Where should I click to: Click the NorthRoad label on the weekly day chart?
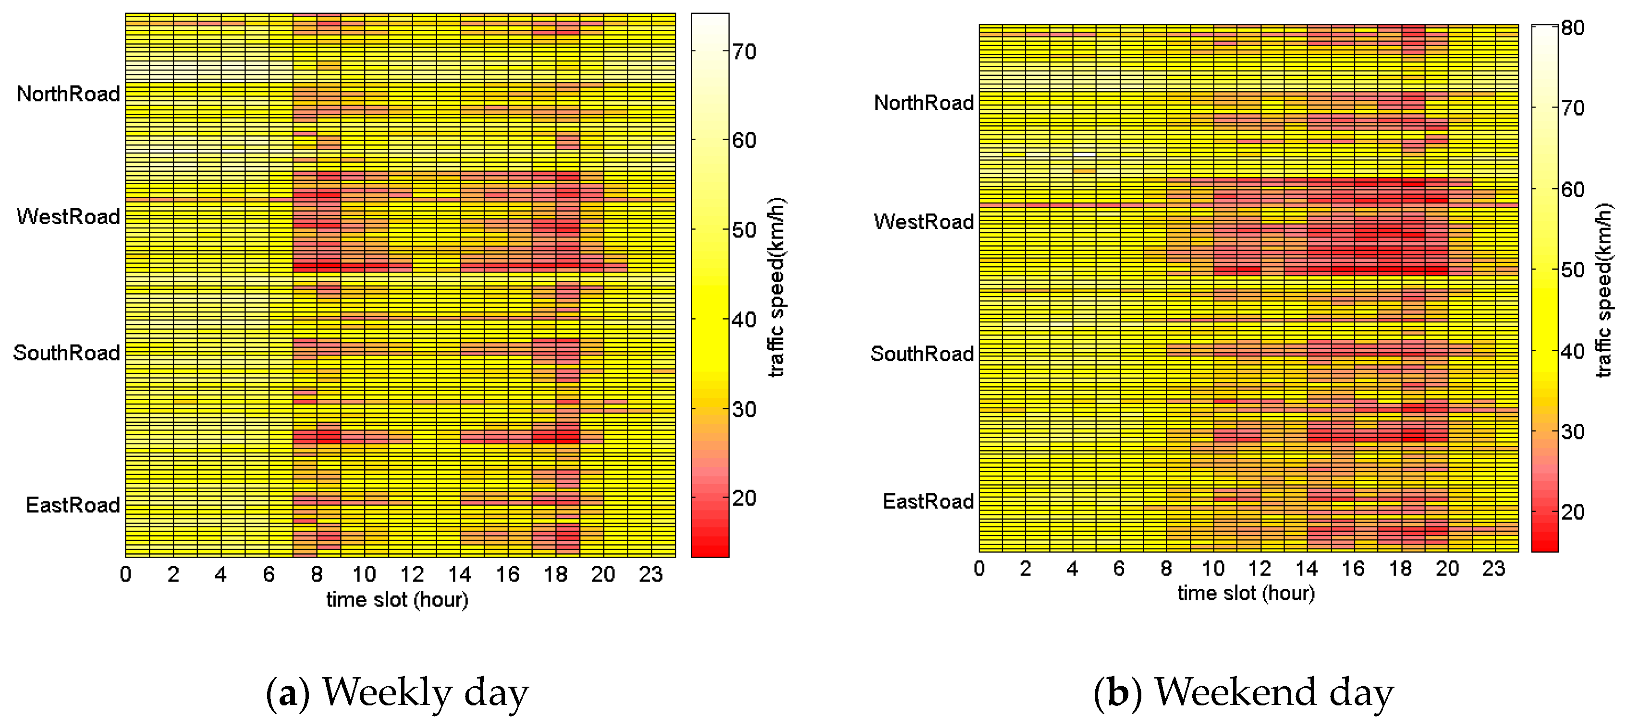(x=68, y=94)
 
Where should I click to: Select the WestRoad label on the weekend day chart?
(x=923, y=222)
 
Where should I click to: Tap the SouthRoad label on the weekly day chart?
(x=66, y=353)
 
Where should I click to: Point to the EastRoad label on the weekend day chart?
(x=928, y=502)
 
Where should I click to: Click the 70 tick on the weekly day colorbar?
(x=745, y=52)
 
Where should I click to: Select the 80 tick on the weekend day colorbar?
(x=1573, y=28)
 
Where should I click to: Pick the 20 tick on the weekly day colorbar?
(x=745, y=499)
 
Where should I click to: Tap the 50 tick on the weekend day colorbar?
(x=1573, y=270)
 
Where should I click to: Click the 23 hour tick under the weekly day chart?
(x=650, y=574)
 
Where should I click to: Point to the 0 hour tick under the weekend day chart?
(x=979, y=569)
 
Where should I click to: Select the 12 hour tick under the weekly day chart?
(x=412, y=574)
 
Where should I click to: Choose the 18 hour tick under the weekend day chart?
(x=1400, y=569)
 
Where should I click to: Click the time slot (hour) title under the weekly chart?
(x=397, y=599)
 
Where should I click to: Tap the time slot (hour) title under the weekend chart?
(x=1246, y=593)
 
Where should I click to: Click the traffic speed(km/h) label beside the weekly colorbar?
(x=776, y=287)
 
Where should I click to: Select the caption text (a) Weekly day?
(x=397, y=692)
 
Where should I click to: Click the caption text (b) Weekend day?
(x=1243, y=692)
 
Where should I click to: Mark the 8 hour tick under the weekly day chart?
(x=317, y=574)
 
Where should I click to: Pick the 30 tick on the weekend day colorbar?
(x=1573, y=432)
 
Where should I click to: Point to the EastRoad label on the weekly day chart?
(x=73, y=505)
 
